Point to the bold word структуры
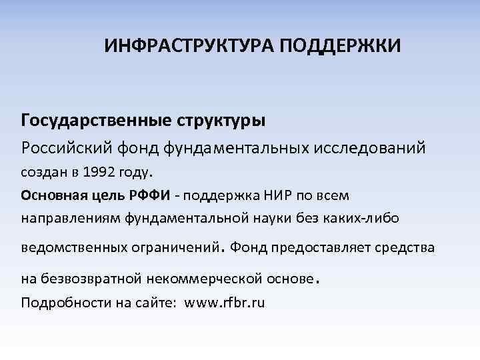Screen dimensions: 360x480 [220, 121]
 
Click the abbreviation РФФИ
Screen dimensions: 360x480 [150, 195]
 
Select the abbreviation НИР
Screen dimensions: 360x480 [270, 195]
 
